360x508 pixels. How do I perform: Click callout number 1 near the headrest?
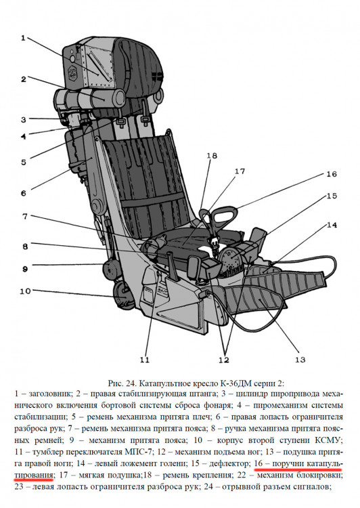23,38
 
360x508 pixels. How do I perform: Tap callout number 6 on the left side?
24,194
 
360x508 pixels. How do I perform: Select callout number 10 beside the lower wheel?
25,291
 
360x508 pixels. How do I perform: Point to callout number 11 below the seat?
145,360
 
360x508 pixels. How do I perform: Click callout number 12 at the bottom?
224,360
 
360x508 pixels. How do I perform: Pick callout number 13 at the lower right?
300,359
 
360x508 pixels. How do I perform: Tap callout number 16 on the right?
332,174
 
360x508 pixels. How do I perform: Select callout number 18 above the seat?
212,156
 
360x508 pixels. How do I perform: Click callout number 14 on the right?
332,224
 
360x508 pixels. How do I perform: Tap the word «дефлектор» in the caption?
231,463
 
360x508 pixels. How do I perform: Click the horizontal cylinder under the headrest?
90,98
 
